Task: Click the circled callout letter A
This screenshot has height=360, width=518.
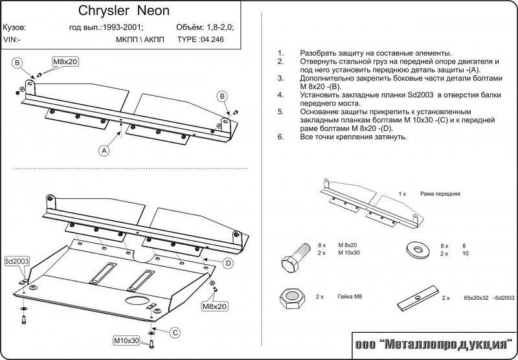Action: pyautogui.click(x=104, y=150)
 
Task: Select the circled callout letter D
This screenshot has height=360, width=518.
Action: pyautogui.click(x=228, y=263)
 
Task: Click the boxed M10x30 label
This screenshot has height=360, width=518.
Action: pyautogui.click(x=128, y=339)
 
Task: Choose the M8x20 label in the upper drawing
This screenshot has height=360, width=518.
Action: pyautogui.click(x=65, y=62)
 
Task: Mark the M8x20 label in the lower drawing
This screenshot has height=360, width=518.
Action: pyautogui.click(x=214, y=306)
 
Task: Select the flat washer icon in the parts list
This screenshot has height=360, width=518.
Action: pyautogui.click(x=414, y=249)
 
